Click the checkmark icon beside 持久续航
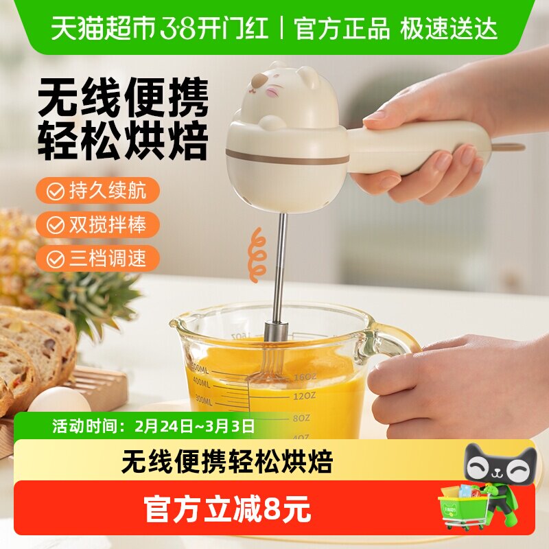click(x=55, y=191)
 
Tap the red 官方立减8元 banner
click(x=226, y=509)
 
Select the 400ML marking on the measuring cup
click(x=200, y=381)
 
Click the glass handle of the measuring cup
click(x=395, y=340)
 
